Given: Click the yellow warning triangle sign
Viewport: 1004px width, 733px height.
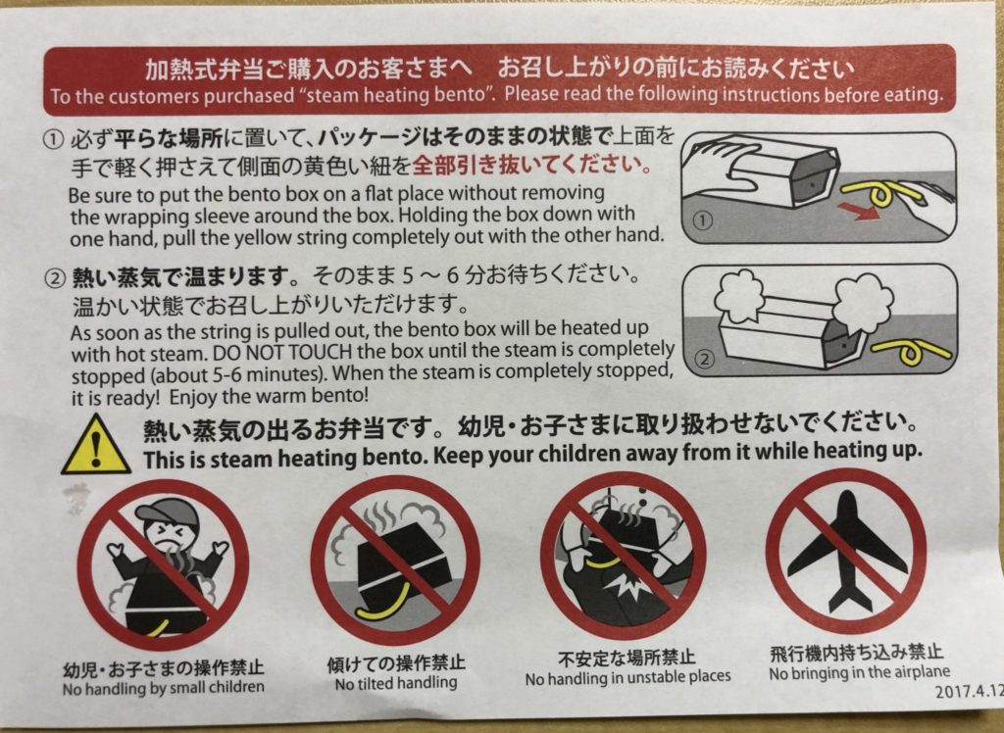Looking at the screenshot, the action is [96, 446].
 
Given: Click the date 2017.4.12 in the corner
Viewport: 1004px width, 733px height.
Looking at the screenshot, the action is [968, 692].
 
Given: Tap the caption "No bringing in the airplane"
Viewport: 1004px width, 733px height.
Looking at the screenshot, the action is [859, 673].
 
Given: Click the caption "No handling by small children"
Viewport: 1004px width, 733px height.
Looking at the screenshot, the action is [164, 688].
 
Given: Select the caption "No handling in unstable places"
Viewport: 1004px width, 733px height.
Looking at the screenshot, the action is [627, 677].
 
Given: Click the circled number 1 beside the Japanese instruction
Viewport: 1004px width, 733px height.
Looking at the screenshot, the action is [54, 138].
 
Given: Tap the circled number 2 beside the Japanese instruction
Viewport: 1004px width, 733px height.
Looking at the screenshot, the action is [55, 278].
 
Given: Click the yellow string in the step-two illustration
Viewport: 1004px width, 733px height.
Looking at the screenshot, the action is [912, 353].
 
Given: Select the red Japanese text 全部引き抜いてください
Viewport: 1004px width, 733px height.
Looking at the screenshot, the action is [532, 166].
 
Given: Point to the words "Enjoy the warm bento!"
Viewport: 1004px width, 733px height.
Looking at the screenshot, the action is [269, 397].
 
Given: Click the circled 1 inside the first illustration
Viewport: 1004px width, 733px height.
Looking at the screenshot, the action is [703, 220].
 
